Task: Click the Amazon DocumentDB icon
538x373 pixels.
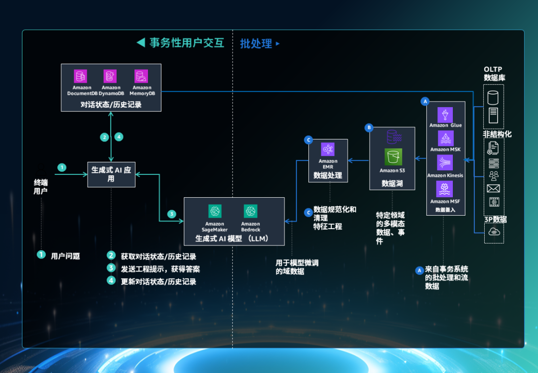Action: tap(80, 76)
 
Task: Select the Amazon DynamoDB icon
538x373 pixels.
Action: tap(110, 76)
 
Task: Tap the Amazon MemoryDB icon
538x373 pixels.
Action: tap(141, 76)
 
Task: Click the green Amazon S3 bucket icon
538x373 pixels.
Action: tap(393, 156)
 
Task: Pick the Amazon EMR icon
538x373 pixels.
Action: tap(328, 149)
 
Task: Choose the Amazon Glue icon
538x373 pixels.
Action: tap(445, 115)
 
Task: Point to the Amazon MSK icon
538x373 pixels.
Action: tap(445, 138)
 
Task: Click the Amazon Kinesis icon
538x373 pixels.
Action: tap(445, 163)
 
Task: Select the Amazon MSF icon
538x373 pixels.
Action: tap(445, 189)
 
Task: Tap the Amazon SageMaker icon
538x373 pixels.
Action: tap(215, 211)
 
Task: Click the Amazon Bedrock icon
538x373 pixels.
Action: tap(250, 211)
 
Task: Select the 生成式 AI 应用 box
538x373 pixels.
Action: tap(111, 174)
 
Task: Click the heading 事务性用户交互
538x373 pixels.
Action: tap(186, 43)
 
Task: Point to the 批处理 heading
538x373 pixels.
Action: tap(256, 44)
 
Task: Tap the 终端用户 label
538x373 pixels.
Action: tap(40, 187)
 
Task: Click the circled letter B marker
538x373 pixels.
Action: tap(369, 127)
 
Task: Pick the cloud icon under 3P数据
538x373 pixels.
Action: tap(494, 232)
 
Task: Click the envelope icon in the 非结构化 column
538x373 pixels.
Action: tap(493, 188)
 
